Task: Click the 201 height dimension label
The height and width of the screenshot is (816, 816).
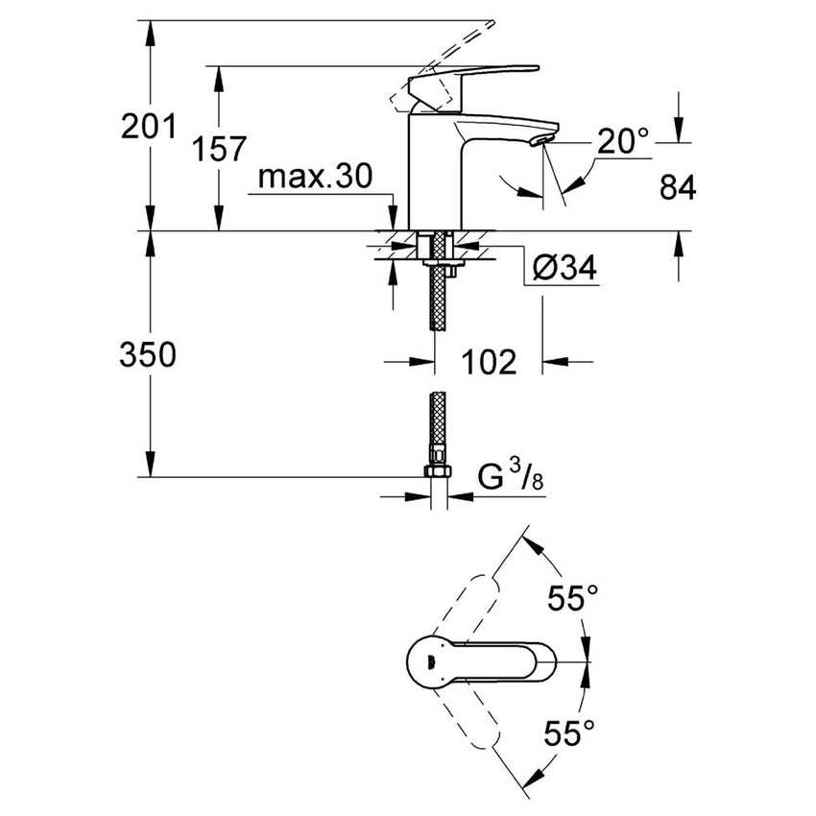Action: click(148, 126)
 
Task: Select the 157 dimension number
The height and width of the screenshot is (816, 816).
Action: click(217, 149)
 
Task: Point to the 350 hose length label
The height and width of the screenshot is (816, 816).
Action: click(148, 355)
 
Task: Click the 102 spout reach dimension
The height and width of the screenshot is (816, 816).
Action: click(489, 362)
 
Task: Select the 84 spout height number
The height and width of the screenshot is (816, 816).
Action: click(678, 187)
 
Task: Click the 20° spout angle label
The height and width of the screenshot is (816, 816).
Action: click(623, 142)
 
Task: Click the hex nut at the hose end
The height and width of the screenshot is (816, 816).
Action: click(438, 473)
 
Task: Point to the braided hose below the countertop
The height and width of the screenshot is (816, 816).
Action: click(439, 298)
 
